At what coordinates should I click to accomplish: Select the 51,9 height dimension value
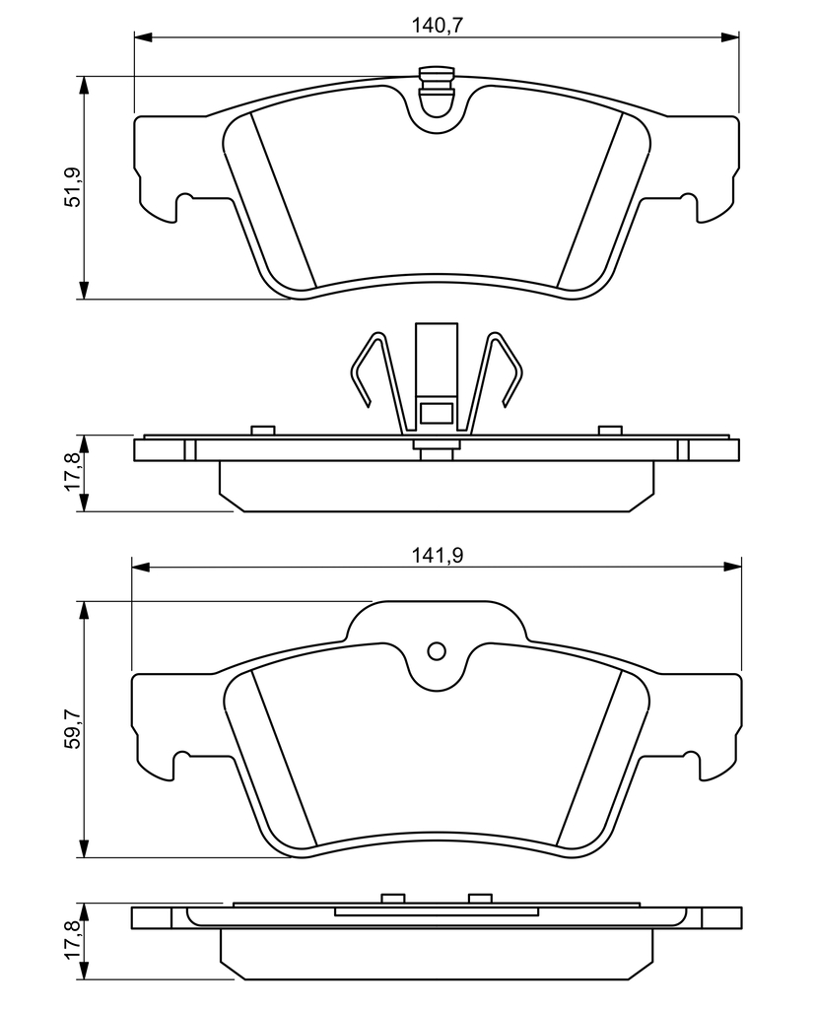point(75,186)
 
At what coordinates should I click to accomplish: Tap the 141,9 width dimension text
point(438,556)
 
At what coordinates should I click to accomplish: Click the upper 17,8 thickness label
point(75,473)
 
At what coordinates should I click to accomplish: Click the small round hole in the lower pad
point(437,652)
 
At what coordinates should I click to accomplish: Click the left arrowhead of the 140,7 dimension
point(142,36)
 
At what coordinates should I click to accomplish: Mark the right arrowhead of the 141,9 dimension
point(733,567)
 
